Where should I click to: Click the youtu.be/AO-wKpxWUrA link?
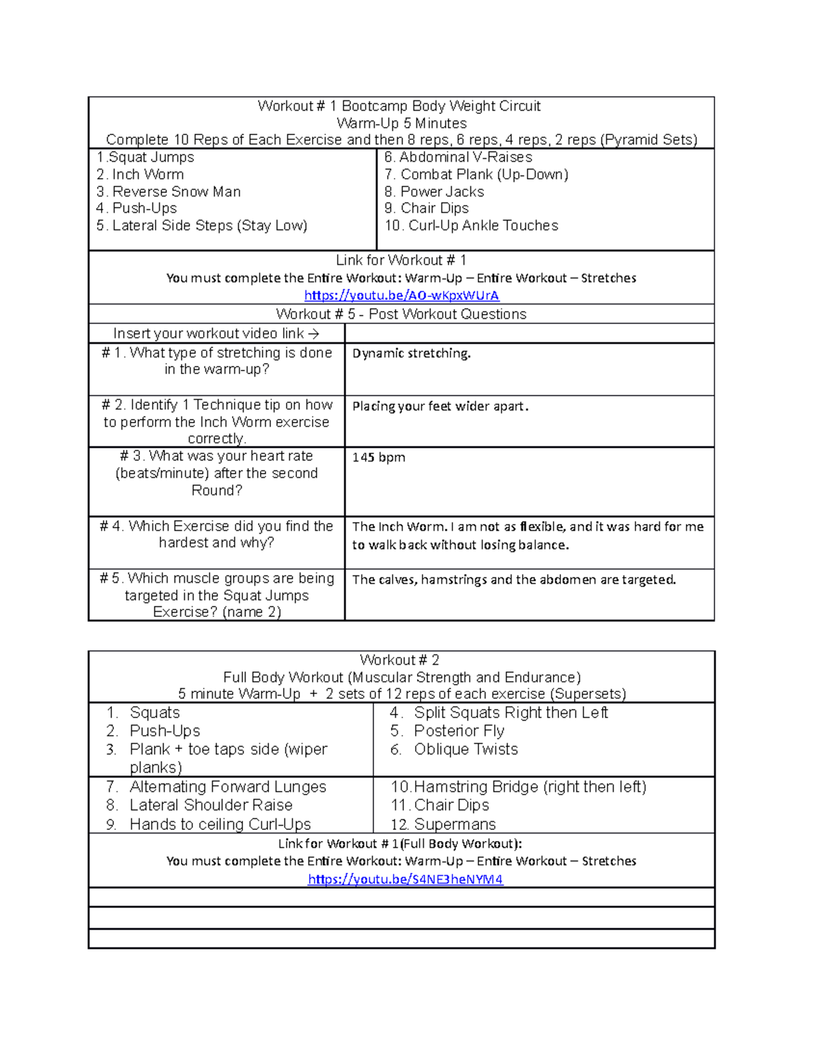[401, 296]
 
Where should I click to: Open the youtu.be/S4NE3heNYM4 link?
[405, 879]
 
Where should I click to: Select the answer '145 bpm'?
[378, 457]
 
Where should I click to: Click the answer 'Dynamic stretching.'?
[411, 354]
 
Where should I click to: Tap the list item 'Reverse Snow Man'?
[176, 192]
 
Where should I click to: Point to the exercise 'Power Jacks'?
[442, 192]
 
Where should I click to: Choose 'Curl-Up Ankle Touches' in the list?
[483, 226]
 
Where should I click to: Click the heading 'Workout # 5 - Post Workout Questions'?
[401, 314]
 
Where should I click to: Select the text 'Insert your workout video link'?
[208, 334]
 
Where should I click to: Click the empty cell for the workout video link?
[529, 334]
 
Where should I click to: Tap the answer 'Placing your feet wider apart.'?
[440, 407]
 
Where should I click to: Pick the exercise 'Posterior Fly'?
[459, 731]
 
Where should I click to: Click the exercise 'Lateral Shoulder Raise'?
[210, 805]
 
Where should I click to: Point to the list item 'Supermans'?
[455, 825]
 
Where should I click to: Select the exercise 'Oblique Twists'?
[465, 749]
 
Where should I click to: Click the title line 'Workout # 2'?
[399, 660]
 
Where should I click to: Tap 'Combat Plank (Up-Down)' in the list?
[484, 175]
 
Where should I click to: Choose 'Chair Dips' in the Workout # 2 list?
[451, 805]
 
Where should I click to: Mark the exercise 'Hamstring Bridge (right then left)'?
[530, 787]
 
